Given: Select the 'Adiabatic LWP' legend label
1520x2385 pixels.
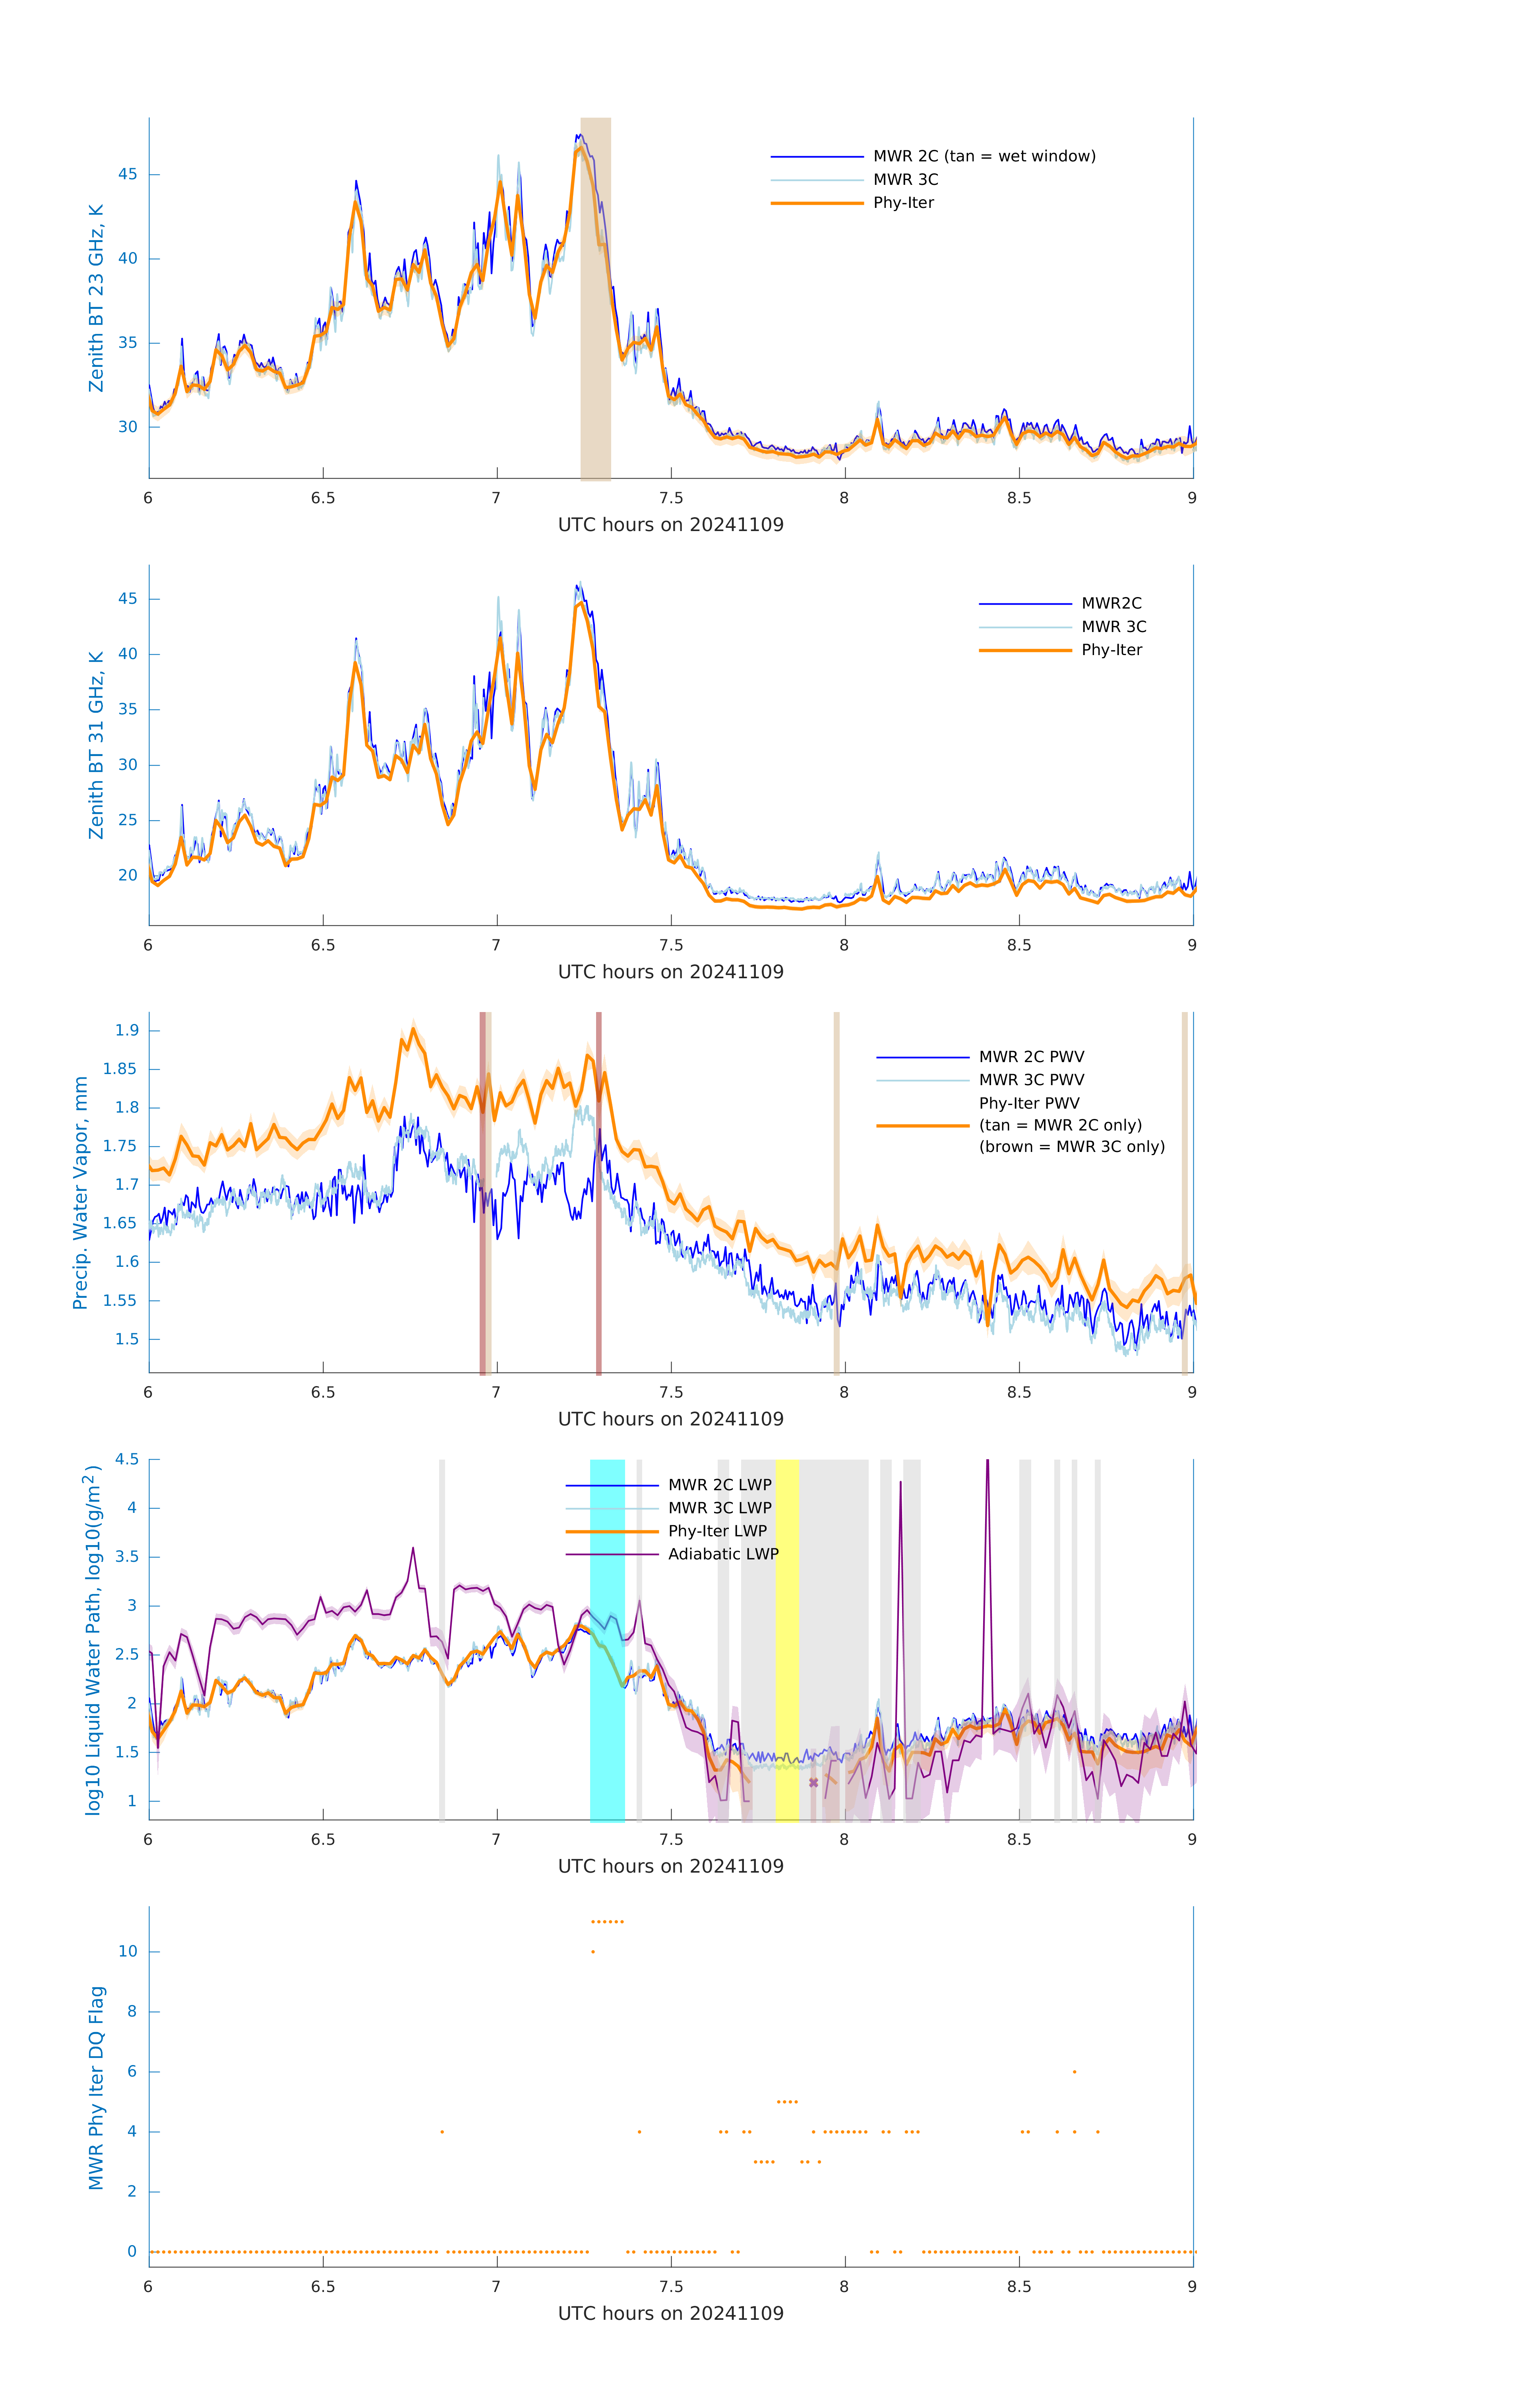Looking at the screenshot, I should pyautogui.click(x=723, y=1554).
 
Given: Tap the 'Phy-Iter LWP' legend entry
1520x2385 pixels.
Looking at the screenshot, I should pyautogui.click(x=717, y=1531).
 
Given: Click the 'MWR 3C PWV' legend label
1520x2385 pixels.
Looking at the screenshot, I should pyautogui.click(x=1031, y=1080).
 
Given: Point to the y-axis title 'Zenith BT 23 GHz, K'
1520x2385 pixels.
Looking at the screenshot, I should pyautogui.click(x=96, y=298).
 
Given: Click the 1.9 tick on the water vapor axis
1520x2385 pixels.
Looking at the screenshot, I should pyautogui.click(x=127, y=1030).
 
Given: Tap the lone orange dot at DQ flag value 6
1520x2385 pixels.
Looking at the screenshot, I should pyautogui.click(x=1075, y=2071).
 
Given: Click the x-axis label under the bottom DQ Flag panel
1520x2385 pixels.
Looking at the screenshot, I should pyautogui.click(x=670, y=2314).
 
